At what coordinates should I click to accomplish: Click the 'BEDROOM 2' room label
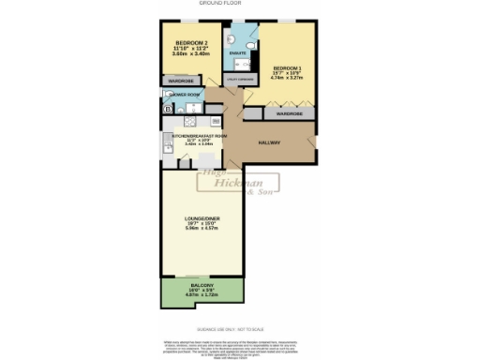pos(190,42)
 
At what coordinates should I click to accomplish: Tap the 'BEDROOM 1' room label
pos(286,68)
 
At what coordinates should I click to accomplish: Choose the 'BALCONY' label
pos(202,284)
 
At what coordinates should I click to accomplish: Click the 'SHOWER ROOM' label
pos(182,95)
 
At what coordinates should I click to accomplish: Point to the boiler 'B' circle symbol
pos(169,110)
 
